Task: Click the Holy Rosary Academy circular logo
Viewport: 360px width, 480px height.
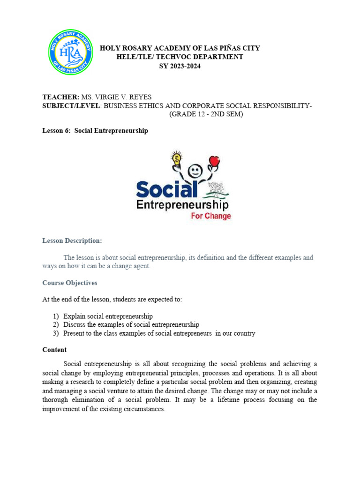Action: [x=71, y=52]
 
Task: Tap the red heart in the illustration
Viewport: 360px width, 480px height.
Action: [x=215, y=161]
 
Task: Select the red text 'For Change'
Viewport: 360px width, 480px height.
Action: [x=210, y=216]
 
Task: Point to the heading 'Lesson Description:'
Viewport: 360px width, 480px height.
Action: [x=72, y=240]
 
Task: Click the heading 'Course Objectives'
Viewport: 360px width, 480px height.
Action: [x=70, y=283]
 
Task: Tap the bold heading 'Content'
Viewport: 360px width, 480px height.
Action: [x=54, y=350]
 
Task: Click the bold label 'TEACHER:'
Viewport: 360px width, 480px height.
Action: [x=61, y=97]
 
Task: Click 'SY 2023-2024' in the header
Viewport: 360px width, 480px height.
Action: [x=180, y=66]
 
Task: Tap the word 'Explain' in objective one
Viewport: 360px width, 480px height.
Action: [x=74, y=316]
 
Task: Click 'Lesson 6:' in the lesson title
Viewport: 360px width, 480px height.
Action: [x=57, y=131]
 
